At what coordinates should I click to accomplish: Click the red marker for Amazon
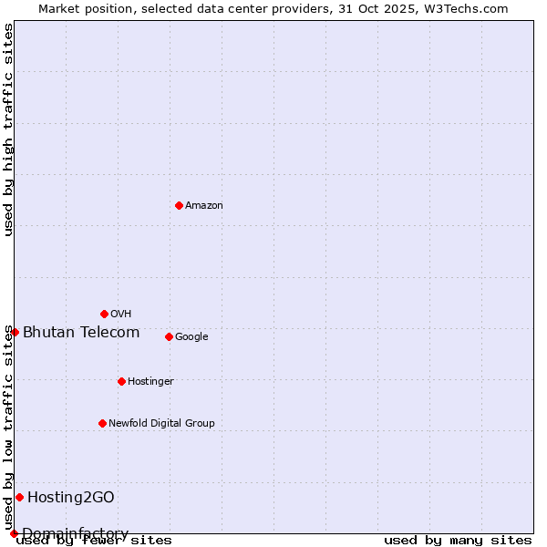[179, 205]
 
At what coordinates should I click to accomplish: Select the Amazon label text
[204, 206]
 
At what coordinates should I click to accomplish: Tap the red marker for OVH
[104, 314]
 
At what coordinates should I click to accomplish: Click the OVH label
[121, 315]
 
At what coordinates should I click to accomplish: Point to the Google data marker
[169, 336]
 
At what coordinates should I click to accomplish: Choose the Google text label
[191, 337]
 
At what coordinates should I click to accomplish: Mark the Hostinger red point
[121, 381]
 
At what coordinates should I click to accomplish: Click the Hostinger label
[150, 382]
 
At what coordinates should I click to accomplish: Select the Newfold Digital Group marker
[102, 423]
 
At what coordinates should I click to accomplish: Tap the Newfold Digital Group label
[161, 424]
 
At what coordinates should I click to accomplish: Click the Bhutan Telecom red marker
[15, 332]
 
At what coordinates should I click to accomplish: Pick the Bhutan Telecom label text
[81, 333]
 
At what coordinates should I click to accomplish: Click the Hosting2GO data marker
[19, 497]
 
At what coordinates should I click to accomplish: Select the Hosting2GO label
[71, 498]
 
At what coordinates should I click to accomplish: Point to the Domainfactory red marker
[14, 533]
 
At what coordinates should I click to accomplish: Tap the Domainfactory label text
[75, 533]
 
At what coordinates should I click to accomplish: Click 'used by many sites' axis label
[458, 541]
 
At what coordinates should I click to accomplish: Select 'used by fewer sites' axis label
[94, 541]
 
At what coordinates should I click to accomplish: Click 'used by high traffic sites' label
[8, 129]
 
